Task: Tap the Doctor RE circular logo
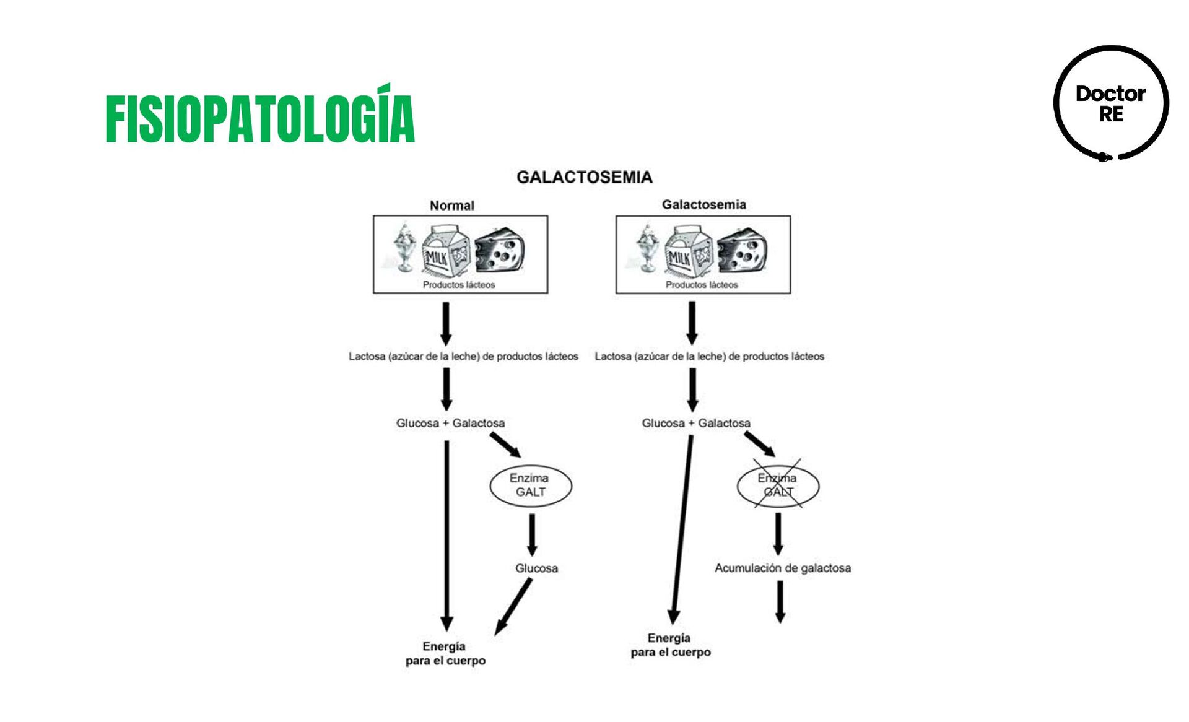(x=1111, y=103)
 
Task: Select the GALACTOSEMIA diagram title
(x=584, y=178)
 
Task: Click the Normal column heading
(x=451, y=206)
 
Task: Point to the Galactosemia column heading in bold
(x=703, y=205)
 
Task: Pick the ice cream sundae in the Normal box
(x=404, y=248)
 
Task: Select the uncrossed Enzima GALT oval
(x=530, y=485)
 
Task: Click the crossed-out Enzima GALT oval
(x=777, y=485)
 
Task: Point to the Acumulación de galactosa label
(x=782, y=568)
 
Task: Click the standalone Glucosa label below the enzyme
(x=536, y=568)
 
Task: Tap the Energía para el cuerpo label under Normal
(x=445, y=653)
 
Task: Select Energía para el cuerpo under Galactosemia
(x=670, y=645)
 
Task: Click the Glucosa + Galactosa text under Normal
(x=450, y=423)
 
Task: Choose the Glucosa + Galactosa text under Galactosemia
(x=696, y=423)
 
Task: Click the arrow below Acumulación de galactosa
(x=780, y=601)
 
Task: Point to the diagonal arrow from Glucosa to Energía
(x=513, y=607)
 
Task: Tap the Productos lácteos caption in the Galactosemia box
(x=702, y=285)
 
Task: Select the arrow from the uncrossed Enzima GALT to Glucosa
(x=531, y=534)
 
